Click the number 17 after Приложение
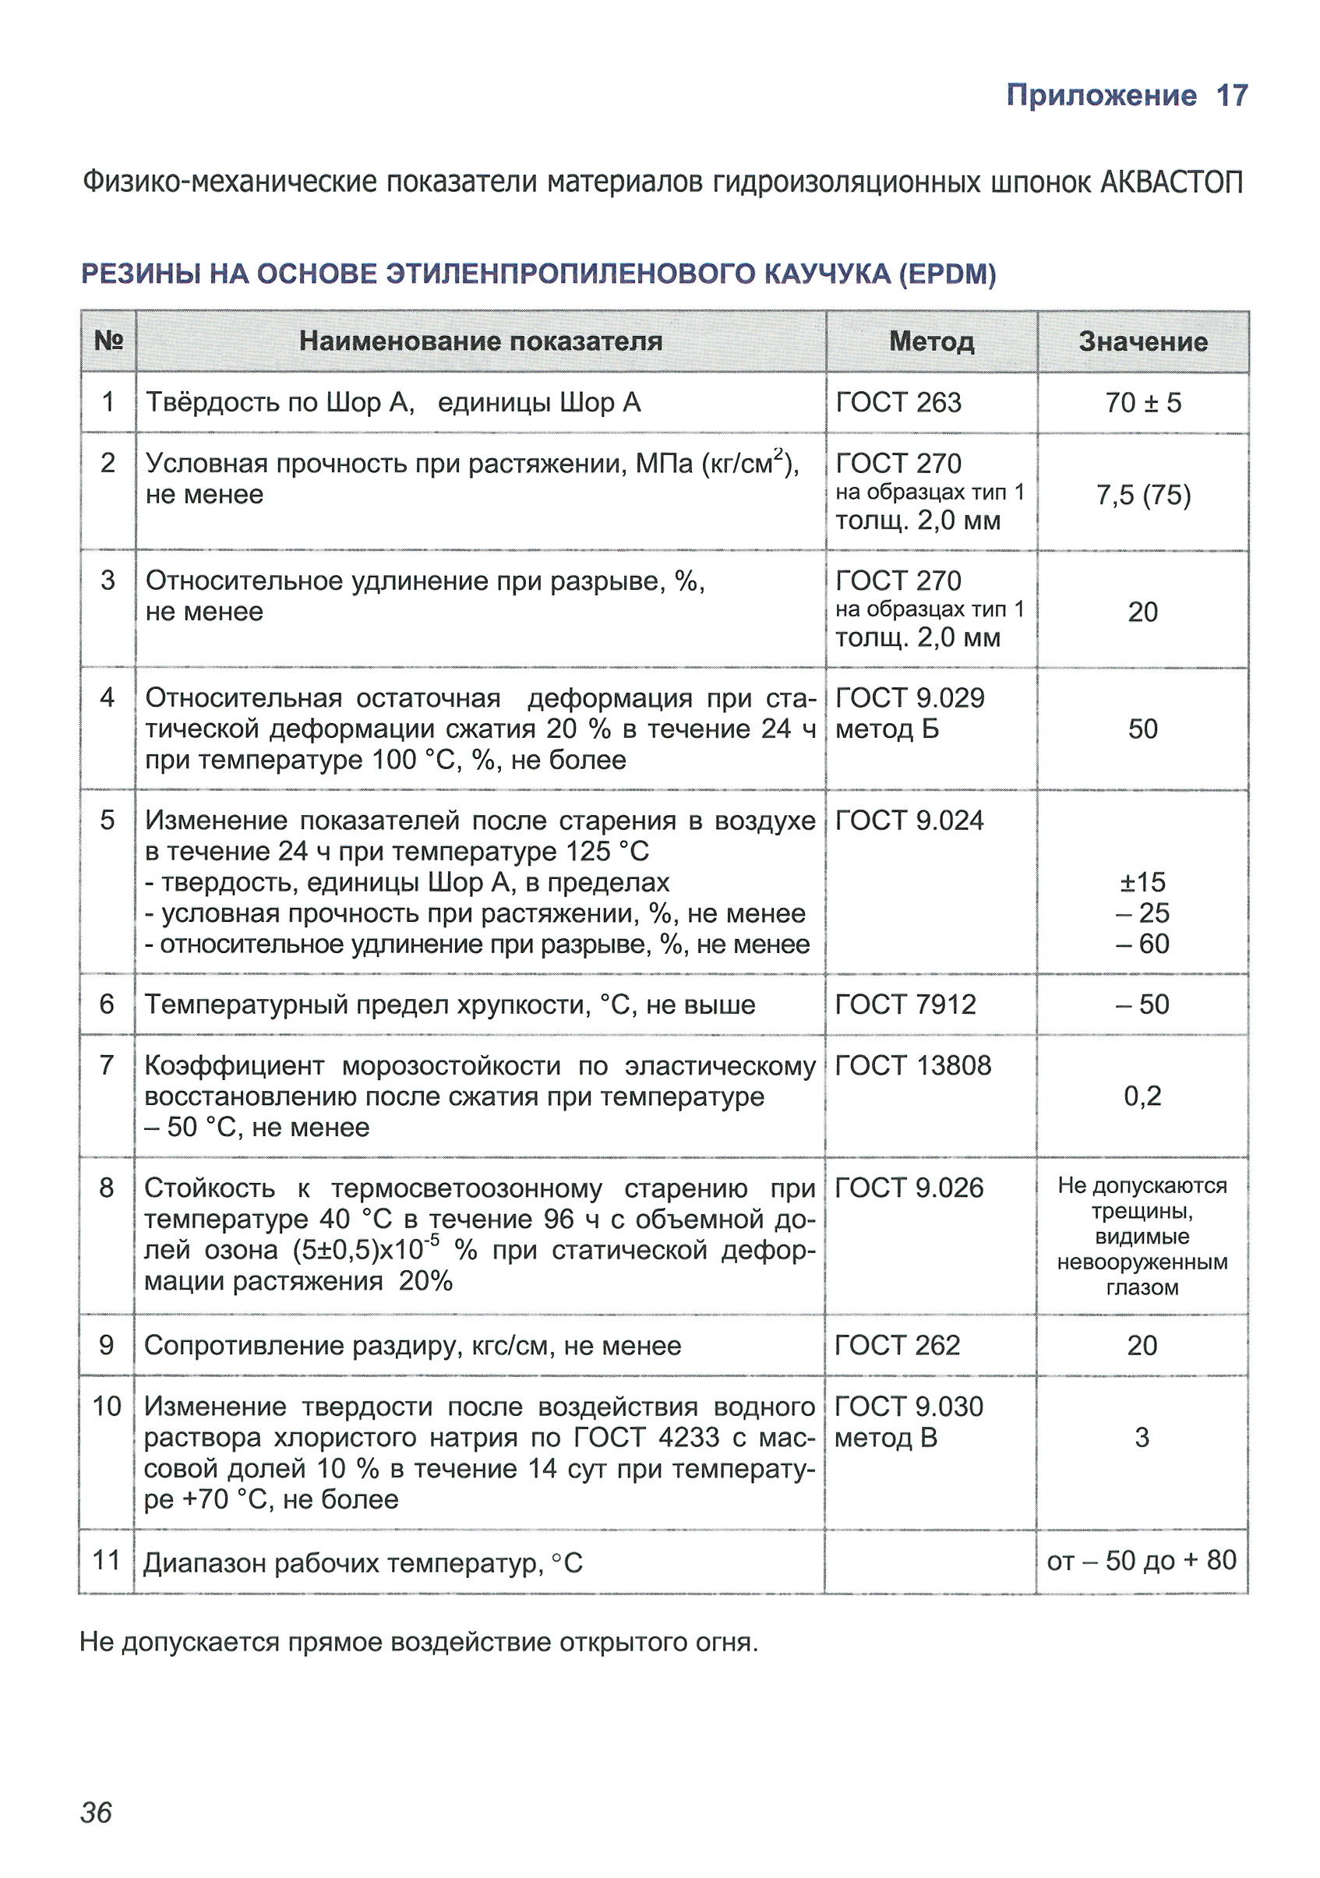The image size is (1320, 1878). coord(1232,96)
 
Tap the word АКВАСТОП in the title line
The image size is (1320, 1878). coord(1171,182)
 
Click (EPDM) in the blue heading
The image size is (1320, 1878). coord(947,274)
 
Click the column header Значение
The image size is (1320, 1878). coord(1142,342)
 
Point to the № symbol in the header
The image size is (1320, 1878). coord(109,341)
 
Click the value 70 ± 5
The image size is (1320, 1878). coord(1142,403)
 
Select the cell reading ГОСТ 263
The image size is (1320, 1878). coord(898,403)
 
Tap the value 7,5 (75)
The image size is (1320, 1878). coord(1142,495)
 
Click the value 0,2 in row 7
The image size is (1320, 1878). coord(1142,1096)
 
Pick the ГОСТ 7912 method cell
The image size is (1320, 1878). coord(905,1004)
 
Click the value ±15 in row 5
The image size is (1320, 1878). coord(1142,883)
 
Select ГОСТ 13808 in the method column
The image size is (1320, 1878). coord(912,1066)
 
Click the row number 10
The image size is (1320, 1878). coord(106,1407)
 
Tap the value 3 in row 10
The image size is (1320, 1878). coord(1142,1438)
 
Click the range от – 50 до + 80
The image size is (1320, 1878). coord(1142,1561)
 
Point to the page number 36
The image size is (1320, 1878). coord(96,1813)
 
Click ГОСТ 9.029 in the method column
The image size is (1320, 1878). coord(909,698)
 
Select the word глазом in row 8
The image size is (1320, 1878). coord(1142,1288)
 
